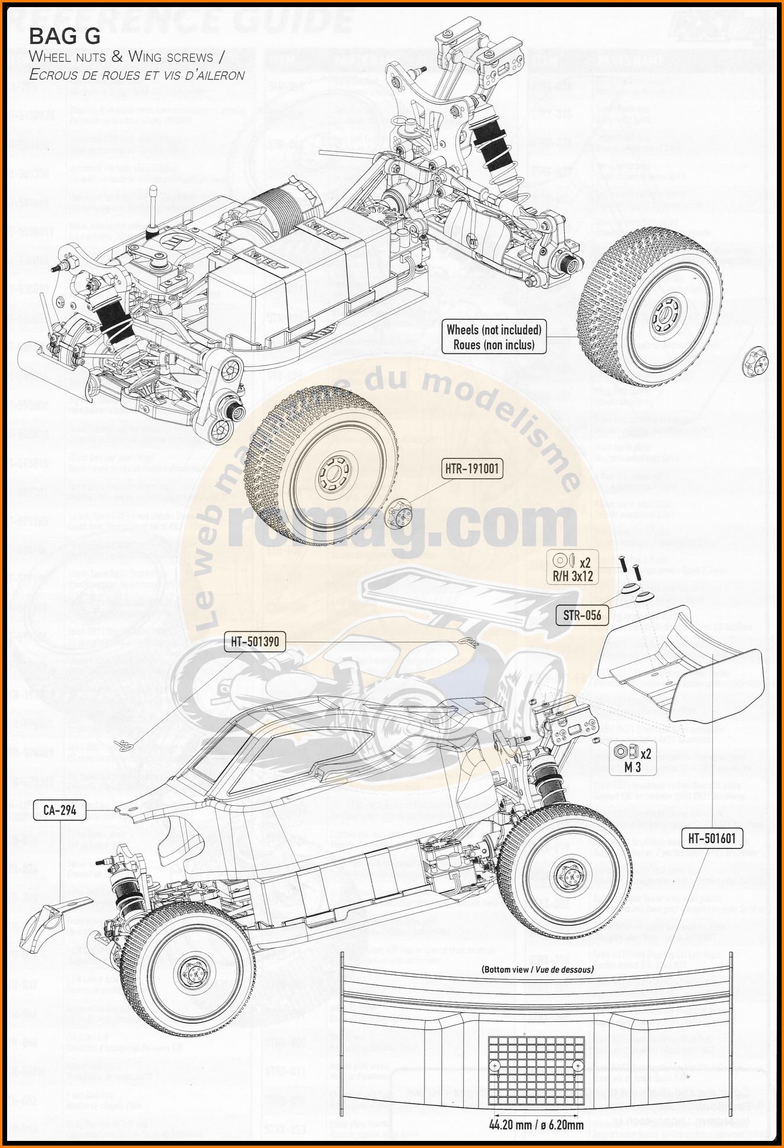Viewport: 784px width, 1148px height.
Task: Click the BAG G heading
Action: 65,37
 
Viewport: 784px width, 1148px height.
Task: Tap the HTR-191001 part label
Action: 472,469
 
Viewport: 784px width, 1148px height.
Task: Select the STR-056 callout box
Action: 582,615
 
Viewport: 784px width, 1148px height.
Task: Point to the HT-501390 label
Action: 255,641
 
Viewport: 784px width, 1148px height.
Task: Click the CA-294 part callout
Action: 60,810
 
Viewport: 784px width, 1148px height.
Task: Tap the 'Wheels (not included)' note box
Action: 494,337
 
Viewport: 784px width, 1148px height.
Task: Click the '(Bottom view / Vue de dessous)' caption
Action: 537,969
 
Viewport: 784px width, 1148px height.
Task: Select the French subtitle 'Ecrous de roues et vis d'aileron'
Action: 137,75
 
